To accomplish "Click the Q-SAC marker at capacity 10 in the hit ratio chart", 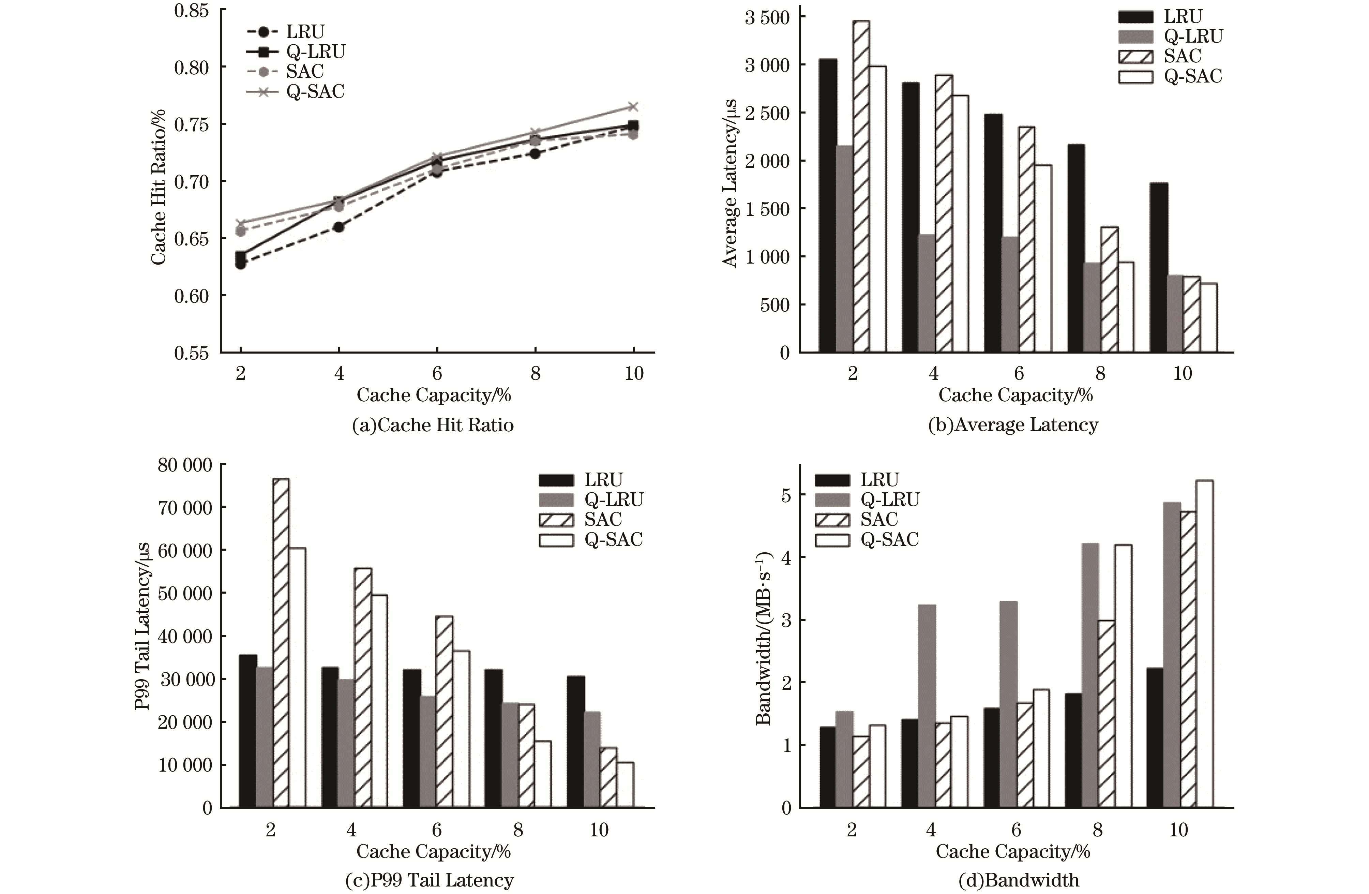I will tap(633, 106).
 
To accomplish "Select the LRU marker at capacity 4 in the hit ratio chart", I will tap(339, 227).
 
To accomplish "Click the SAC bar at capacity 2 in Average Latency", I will tap(861, 187).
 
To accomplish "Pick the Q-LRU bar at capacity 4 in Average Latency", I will tap(927, 294).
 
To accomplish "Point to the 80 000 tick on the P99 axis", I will tap(185, 465).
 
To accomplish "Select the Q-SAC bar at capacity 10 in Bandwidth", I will tap(1204, 644).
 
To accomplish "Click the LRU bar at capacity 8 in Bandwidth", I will tap(1073, 750).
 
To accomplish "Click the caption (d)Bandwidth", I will tap(1019, 880).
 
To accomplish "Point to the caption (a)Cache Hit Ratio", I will tap(433, 425).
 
